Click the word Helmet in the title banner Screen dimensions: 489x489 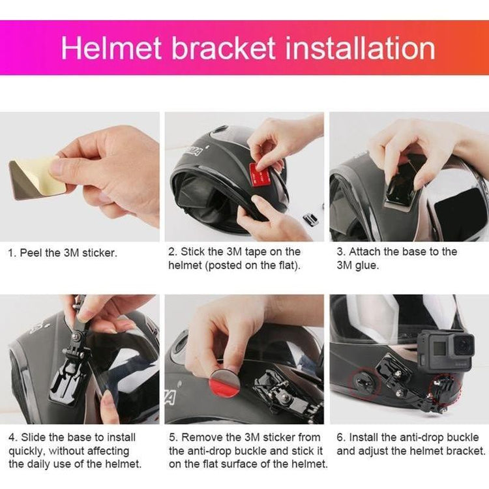111,48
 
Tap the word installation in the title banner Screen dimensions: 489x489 360,48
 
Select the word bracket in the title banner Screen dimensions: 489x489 223,48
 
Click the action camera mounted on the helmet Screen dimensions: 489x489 446,351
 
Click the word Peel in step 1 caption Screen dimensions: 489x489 31,252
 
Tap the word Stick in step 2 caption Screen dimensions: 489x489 192,252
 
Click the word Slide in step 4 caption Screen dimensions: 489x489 33,437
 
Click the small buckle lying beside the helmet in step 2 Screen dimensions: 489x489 311,219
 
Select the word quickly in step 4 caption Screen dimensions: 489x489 27,451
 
